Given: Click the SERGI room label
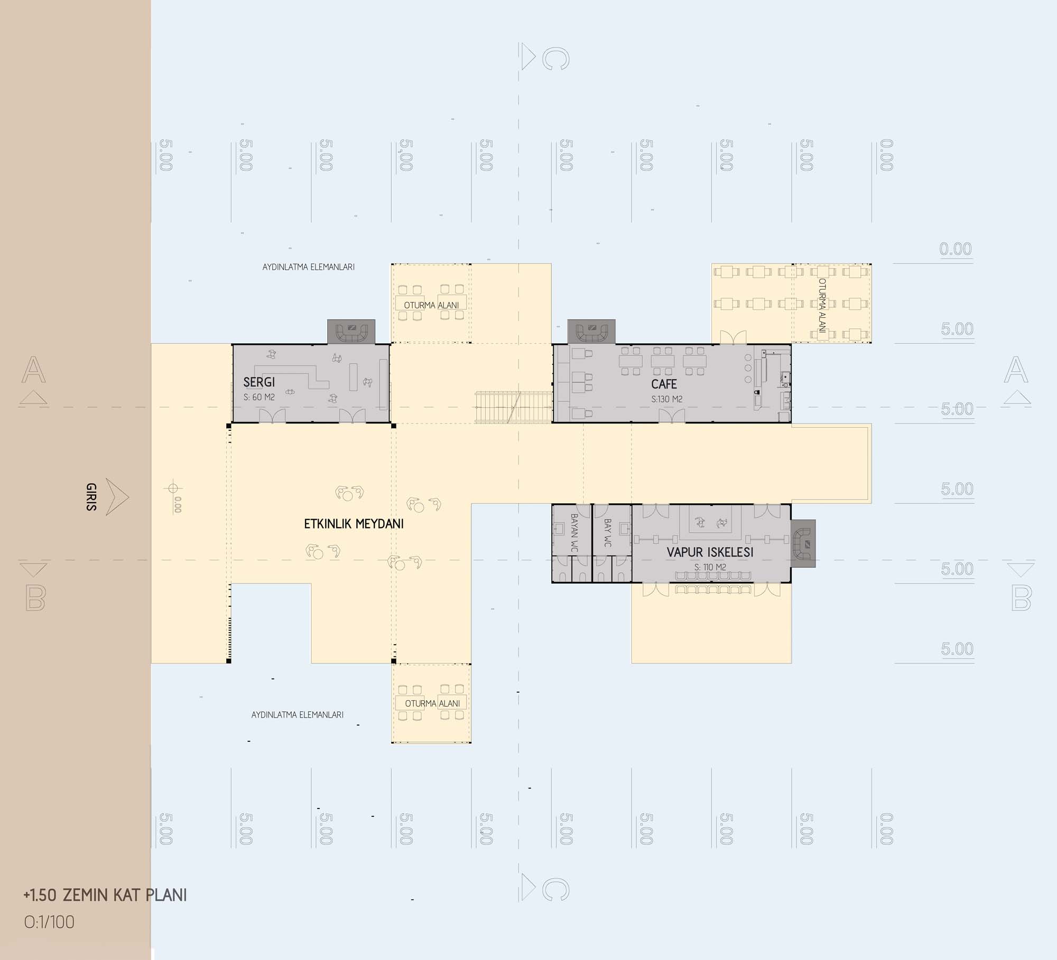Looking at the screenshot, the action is [x=259, y=382].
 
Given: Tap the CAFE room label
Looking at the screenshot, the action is [x=664, y=384].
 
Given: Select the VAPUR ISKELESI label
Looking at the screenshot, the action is [x=710, y=552].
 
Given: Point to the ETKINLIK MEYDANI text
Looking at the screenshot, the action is [x=354, y=524].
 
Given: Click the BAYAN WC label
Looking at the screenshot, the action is [x=574, y=533].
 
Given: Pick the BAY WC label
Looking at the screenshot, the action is [x=607, y=532].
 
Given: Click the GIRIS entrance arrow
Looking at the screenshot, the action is [x=117, y=497].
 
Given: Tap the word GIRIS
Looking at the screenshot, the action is [x=91, y=497].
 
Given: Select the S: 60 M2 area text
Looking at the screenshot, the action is [x=259, y=397].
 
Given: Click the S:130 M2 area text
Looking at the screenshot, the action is [x=666, y=399].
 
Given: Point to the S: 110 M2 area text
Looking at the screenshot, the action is [x=710, y=567].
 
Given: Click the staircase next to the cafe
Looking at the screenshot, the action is [x=514, y=407].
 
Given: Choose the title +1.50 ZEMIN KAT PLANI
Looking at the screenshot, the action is [x=105, y=895].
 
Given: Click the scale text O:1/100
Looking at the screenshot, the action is [x=49, y=923].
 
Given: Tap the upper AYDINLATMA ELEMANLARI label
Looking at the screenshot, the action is [x=309, y=267].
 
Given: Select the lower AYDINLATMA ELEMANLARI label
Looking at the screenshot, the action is [x=298, y=715].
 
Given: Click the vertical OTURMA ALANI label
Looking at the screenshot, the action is [x=822, y=306].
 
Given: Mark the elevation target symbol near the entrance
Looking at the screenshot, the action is [x=173, y=488].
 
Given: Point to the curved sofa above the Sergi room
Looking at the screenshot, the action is [x=351, y=332].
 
